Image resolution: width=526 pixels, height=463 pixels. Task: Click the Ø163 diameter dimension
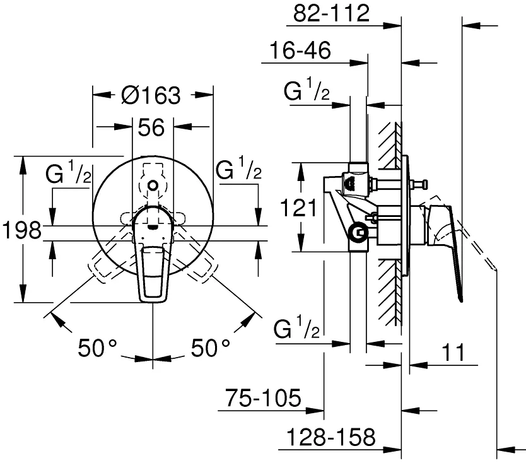[x=151, y=96]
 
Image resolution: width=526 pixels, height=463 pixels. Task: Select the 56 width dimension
[x=151, y=128]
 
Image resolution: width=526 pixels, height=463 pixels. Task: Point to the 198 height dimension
[x=20, y=230]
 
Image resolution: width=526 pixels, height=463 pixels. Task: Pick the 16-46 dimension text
[x=300, y=51]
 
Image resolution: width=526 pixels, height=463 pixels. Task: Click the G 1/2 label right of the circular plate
[x=238, y=170]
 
